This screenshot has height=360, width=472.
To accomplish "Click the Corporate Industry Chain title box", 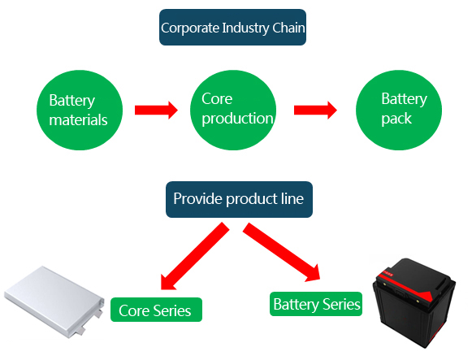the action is coord(232,28).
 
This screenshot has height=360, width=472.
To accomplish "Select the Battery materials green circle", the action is coord(80,111).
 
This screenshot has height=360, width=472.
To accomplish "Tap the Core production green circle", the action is coord(233,111).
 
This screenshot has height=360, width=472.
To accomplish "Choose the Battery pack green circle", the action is coord(399,111).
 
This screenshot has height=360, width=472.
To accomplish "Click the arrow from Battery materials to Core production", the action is coord(156,111).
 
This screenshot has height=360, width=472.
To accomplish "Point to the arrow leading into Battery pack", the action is coord(315,111).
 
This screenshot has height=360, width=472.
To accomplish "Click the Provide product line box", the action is coord(239,199).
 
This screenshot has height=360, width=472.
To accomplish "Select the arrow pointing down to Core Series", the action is coord(195,256).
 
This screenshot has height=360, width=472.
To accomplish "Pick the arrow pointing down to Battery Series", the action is coord(281,252).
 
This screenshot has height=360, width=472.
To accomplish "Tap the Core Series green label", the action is coord(156,310).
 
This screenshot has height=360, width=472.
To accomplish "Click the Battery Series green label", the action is coord(316,304).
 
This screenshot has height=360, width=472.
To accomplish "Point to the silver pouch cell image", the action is coord(54,301).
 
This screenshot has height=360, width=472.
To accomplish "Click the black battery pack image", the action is coord(414,303).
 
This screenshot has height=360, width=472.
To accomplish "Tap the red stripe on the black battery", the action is coord(406,285).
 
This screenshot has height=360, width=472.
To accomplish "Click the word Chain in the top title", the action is coord(288,28).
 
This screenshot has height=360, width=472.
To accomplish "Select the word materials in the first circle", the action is coord(78,119).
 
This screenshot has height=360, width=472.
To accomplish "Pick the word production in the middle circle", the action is coord(237,119).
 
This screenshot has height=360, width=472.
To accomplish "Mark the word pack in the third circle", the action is coord(396,119).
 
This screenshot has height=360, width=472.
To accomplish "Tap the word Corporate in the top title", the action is coord(190,28).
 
